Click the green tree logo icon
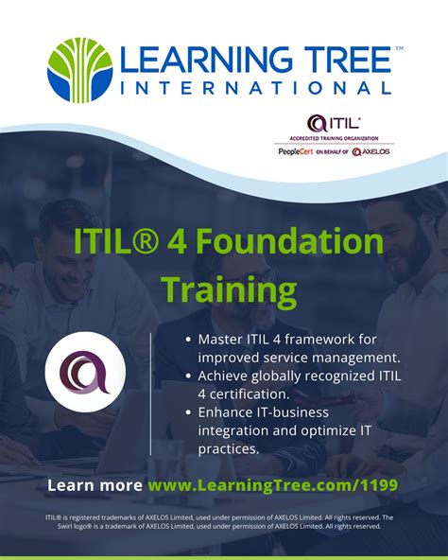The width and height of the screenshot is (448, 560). (79, 70)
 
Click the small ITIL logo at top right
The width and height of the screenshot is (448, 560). (332, 122)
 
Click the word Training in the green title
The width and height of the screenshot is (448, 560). (228, 287)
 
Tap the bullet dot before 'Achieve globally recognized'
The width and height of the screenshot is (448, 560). (189, 376)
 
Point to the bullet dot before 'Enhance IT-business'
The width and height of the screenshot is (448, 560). (189, 413)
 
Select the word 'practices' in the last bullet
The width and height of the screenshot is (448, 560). (228, 448)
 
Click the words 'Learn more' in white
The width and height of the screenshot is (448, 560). (95, 485)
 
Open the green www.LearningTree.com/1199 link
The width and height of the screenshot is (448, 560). (273, 485)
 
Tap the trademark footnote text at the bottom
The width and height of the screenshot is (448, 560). (224, 522)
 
